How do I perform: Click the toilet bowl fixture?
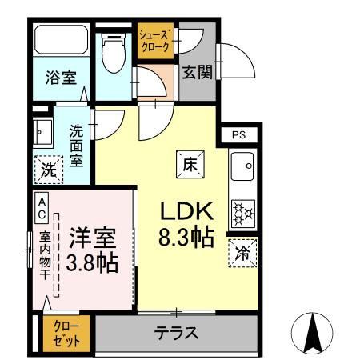(114, 53)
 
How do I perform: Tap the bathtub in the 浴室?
(62, 40)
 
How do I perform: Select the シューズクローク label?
(155, 41)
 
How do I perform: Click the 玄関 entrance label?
(198, 72)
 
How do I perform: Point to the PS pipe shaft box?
(239, 135)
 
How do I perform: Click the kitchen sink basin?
(242, 166)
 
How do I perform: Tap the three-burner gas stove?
(243, 214)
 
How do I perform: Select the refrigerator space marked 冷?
(242, 254)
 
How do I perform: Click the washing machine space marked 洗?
(49, 170)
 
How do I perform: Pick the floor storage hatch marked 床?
(190, 165)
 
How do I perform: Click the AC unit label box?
(42, 208)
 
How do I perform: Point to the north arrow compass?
(312, 334)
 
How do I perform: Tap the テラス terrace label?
(176, 333)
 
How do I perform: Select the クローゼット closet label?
(66, 334)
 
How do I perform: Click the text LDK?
(186, 211)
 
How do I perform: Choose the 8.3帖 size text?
(186, 237)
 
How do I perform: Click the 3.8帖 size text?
(92, 262)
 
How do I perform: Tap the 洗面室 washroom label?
(76, 146)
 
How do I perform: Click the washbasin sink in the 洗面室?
(42, 133)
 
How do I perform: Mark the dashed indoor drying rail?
(56, 255)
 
